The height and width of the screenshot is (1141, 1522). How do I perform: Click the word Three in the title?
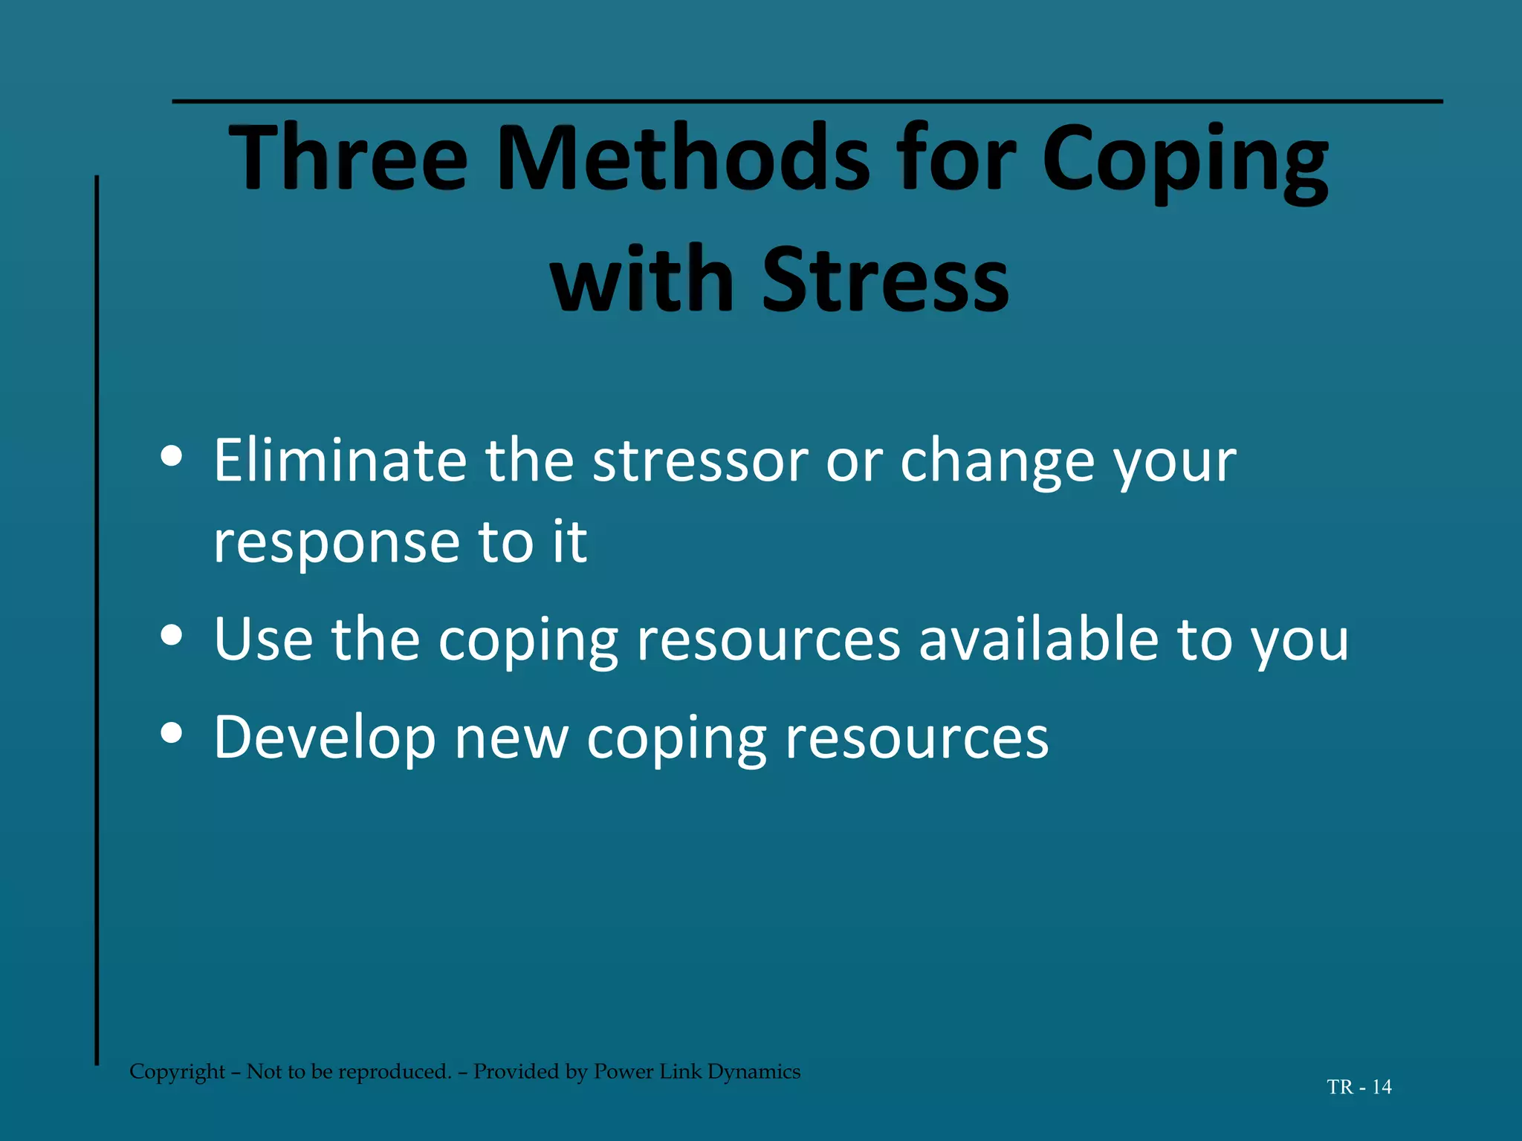click(x=348, y=157)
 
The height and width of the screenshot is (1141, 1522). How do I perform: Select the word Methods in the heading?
click(x=682, y=157)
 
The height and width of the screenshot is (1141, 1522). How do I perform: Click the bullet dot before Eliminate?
click(x=172, y=457)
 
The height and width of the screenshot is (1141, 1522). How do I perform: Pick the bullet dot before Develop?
click(x=172, y=733)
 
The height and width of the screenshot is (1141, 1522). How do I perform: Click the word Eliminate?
click(x=340, y=461)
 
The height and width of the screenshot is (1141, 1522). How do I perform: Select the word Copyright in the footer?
click(x=177, y=1072)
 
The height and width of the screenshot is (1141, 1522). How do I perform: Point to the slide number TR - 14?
click(x=1359, y=1088)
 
